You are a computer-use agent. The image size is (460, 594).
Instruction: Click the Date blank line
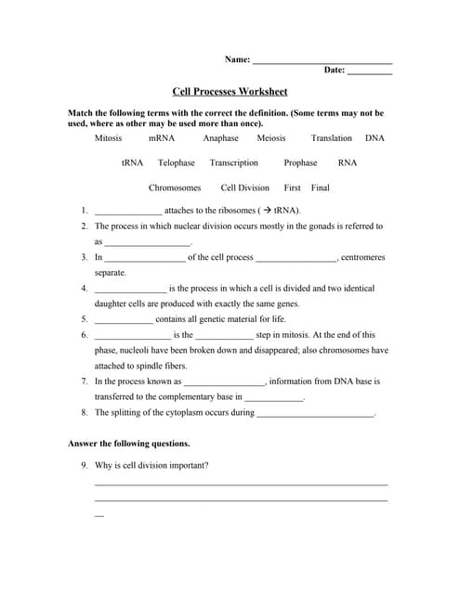pyautogui.click(x=370, y=71)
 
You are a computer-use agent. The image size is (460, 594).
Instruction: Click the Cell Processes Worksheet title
pyautogui.click(x=230, y=91)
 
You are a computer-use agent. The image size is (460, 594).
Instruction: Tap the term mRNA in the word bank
pyautogui.click(x=162, y=137)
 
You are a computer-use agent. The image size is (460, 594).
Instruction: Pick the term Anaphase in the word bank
pyautogui.click(x=220, y=137)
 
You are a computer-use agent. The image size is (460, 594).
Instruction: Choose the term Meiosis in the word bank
pyautogui.click(x=270, y=137)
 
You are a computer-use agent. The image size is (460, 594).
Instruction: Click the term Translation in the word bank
pyautogui.click(x=331, y=137)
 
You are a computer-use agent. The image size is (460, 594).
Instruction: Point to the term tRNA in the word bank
pyautogui.click(x=132, y=162)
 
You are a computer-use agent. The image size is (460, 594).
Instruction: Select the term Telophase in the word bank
pyautogui.click(x=177, y=162)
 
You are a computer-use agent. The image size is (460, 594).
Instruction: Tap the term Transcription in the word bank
pyautogui.click(x=233, y=162)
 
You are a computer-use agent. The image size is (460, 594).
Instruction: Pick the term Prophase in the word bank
pyautogui.click(x=300, y=162)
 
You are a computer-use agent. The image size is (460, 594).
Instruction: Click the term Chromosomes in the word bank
pyautogui.click(x=175, y=187)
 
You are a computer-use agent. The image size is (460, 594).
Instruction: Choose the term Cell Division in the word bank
pyautogui.click(x=245, y=187)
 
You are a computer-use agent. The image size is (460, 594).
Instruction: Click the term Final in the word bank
pyautogui.click(x=321, y=187)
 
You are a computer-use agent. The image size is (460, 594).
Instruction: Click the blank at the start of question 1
pyautogui.click(x=128, y=213)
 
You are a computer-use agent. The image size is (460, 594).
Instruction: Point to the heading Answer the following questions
pyautogui.click(x=129, y=444)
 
